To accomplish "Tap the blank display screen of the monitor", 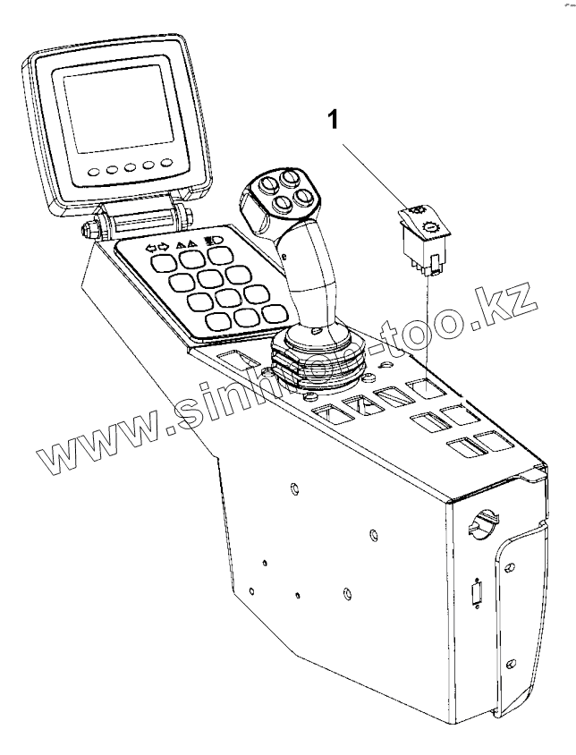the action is tap(114, 107).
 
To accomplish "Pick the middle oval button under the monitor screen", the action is tap(131, 167).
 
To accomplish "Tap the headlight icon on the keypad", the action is tap(215, 240).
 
